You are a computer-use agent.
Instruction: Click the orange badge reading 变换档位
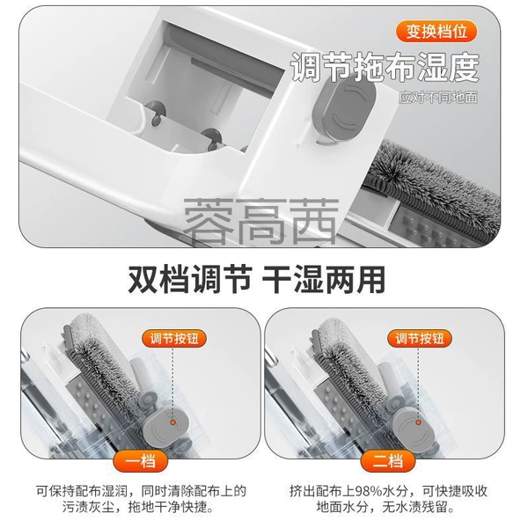[x=436, y=32]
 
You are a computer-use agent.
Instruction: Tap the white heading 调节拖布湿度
[x=385, y=67]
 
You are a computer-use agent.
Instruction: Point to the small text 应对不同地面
[x=438, y=98]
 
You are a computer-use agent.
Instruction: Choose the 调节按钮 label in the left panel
[x=174, y=338]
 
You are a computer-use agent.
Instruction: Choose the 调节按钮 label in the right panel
[x=420, y=338]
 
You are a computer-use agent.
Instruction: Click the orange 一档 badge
[x=141, y=461]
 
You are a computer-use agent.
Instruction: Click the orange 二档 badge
[x=387, y=461]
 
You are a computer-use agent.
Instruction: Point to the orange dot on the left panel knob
[x=173, y=422]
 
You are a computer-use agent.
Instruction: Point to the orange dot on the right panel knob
[x=419, y=422]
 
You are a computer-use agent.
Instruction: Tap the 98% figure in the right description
[x=369, y=491]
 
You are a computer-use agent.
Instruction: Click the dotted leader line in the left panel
[x=173, y=383]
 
